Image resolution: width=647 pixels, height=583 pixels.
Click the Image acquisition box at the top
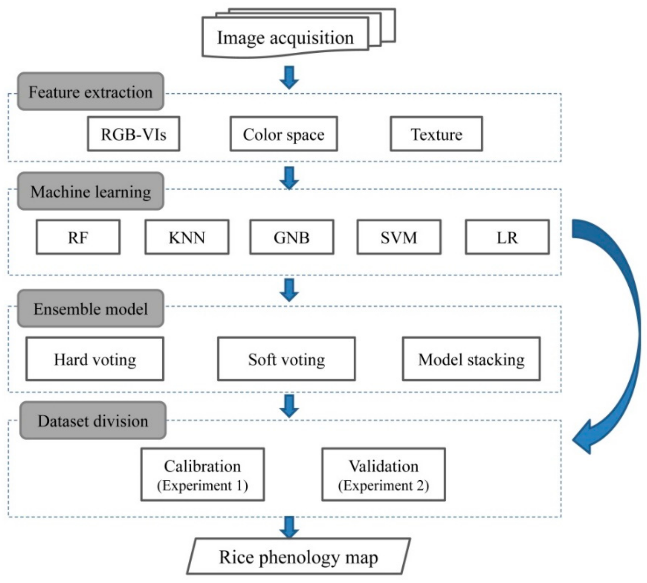pyautogui.click(x=285, y=38)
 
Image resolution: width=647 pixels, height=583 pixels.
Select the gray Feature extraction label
pyautogui.click(x=90, y=92)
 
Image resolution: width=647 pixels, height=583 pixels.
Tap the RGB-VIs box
pyautogui.click(x=134, y=134)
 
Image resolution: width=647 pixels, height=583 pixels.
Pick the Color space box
pyautogui.click(x=283, y=134)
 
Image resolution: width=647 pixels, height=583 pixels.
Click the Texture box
pyautogui.click(x=436, y=134)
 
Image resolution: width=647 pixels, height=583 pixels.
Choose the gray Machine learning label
pyautogui.click(x=90, y=192)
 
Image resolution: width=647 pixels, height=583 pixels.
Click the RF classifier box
pyautogui.click(x=78, y=237)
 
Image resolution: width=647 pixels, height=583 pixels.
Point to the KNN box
pyautogui.click(x=187, y=237)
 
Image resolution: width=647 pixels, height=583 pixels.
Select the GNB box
pyautogui.click(x=291, y=237)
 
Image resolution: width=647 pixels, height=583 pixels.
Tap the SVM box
pyautogui.click(x=399, y=237)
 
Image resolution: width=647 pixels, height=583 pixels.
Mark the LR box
pyautogui.click(x=507, y=237)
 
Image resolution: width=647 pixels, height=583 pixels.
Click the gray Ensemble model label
pyautogui.click(x=90, y=309)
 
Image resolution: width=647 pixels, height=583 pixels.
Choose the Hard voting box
pyautogui.click(x=95, y=359)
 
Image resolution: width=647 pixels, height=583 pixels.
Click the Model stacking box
pyautogui.click(x=471, y=359)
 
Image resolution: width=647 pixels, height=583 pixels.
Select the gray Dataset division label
pyautogui.click(x=93, y=421)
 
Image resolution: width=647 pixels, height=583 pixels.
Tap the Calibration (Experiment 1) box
pyautogui.click(x=203, y=474)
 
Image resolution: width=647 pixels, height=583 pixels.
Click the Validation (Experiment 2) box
pyautogui.click(x=383, y=474)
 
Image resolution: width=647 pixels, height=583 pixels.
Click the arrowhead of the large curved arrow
pyautogui.click(x=584, y=441)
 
